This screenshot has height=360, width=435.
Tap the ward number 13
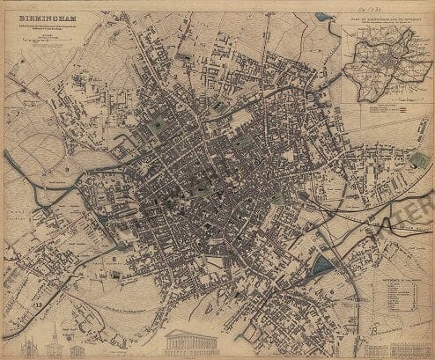(38, 305)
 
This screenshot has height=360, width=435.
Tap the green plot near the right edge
(418, 160)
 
